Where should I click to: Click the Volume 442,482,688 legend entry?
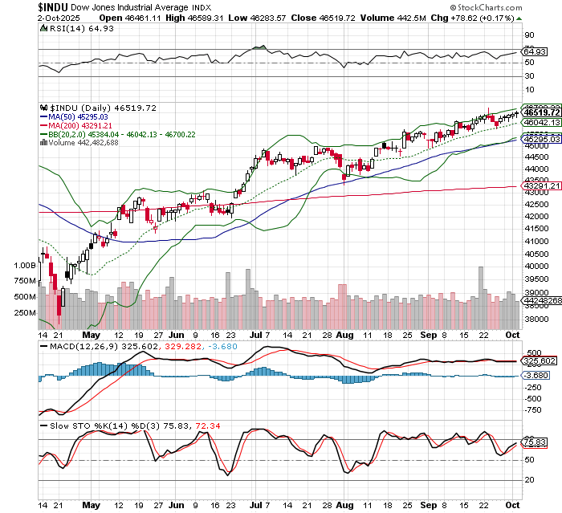pyautogui.click(x=83, y=142)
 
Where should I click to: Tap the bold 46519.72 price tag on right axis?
pyautogui.click(x=541, y=113)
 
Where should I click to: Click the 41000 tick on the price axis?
pyautogui.click(x=536, y=241)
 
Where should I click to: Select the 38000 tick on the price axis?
pyautogui.click(x=536, y=319)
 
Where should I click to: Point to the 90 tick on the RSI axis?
pyautogui.click(x=529, y=35)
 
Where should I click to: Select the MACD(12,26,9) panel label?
pyautogui.click(x=80, y=347)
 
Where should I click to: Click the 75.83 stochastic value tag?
pyautogui.click(x=534, y=441)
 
